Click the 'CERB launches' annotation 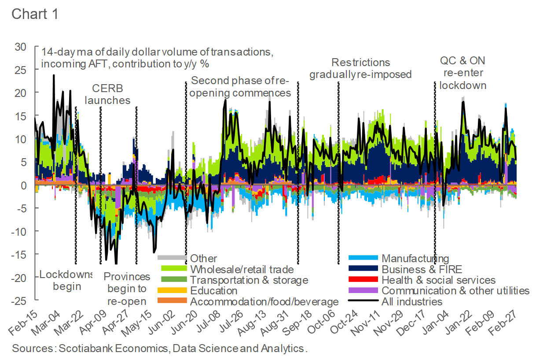coord(107,94)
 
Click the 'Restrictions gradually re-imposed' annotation coord(360,68)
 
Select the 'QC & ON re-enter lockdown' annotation coord(463,73)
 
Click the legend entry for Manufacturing coord(415,259)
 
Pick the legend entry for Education coord(213,291)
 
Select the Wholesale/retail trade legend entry coord(242,269)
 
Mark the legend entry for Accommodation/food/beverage coord(264,302)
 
